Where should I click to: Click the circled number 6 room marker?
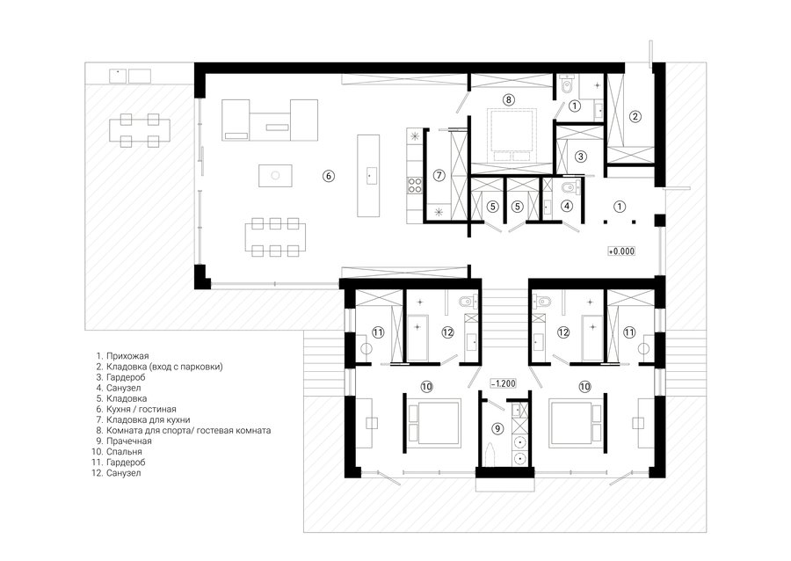pyautogui.click(x=329, y=176)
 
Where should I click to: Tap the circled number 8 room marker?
pyautogui.click(x=509, y=100)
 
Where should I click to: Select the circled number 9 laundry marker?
pyautogui.click(x=497, y=428)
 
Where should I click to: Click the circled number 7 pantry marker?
pyautogui.click(x=439, y=176)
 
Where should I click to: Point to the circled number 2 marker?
pyautogui.click(x=635, y=117)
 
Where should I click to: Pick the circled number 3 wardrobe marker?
pyautogui.click(x=581, y=157)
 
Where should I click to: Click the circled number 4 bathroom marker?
pyautogui.click(x=567, y=206)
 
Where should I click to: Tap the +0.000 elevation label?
pyautogui.click(x=621, y=251)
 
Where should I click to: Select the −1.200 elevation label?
pyautogui.click(x=503, y=383)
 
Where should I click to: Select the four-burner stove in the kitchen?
pyautogui.click(x=415, y=186)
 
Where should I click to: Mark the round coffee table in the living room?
pyautogui.click(x=275, y=176)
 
